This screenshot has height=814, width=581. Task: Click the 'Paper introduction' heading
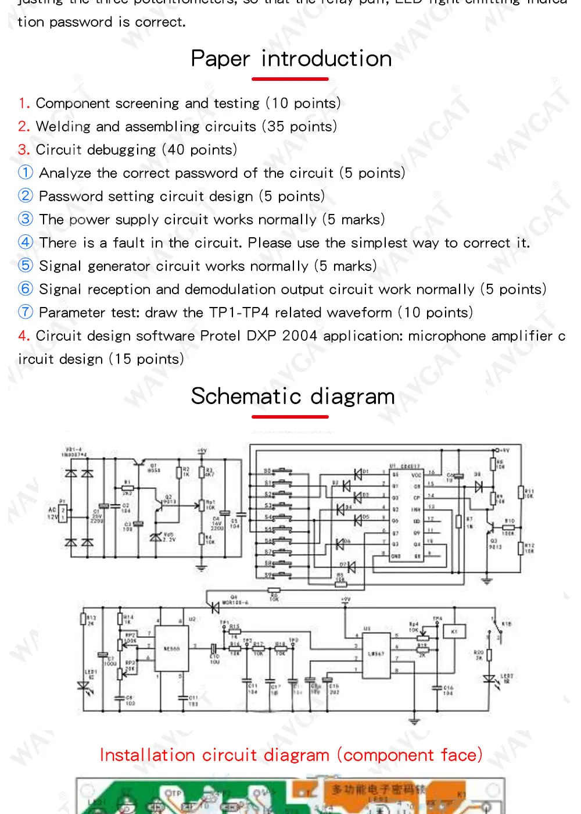291,59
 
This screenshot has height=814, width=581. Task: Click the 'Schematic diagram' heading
293,397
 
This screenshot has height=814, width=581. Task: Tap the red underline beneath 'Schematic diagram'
290,417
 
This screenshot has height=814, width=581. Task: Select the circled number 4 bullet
26,242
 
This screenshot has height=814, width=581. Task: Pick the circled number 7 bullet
26,312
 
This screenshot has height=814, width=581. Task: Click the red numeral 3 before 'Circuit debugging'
23,149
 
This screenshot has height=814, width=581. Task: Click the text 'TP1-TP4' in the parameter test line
239,312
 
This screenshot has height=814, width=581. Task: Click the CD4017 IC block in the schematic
406,514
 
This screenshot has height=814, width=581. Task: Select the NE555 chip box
171,649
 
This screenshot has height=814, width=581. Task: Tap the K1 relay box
454,631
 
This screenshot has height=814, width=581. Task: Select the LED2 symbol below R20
489,679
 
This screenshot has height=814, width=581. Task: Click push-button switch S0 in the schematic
282,471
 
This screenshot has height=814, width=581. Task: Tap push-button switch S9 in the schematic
282,576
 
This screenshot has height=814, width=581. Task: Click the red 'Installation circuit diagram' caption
291,755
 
